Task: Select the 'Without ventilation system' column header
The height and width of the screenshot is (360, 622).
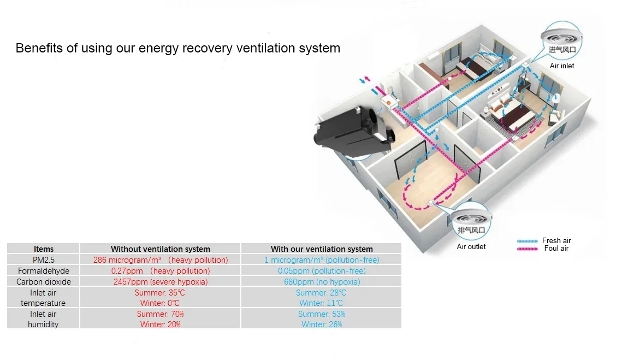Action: [160, 249]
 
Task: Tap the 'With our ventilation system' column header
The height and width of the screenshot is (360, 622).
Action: [322, 249]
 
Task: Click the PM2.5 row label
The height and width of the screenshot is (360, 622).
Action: [44, 260]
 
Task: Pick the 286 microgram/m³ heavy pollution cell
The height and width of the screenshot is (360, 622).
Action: [161, 260]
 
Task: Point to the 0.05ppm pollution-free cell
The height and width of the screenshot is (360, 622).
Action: [322, 271]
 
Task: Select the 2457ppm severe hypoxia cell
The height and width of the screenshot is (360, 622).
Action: [161, 282]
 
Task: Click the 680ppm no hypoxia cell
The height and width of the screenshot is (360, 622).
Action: [322, 282]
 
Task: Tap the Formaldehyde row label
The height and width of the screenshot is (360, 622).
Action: [44, 271]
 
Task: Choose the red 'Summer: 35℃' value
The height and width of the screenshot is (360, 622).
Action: [160, 293]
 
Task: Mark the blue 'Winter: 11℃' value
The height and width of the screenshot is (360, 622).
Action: [321, 303]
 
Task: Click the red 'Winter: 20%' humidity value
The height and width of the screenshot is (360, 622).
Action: [160, 324]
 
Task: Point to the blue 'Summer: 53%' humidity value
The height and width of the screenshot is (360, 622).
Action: [322, 314]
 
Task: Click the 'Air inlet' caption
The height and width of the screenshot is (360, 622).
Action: [562, 66]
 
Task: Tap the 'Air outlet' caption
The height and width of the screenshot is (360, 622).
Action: [471, 246]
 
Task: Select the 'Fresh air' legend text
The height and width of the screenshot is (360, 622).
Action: [556, 240]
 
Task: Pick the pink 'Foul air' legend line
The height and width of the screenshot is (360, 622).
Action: [527, 249]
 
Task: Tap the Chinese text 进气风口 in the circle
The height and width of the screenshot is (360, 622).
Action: [562, 50]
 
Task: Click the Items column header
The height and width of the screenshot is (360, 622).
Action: [44, 249]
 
